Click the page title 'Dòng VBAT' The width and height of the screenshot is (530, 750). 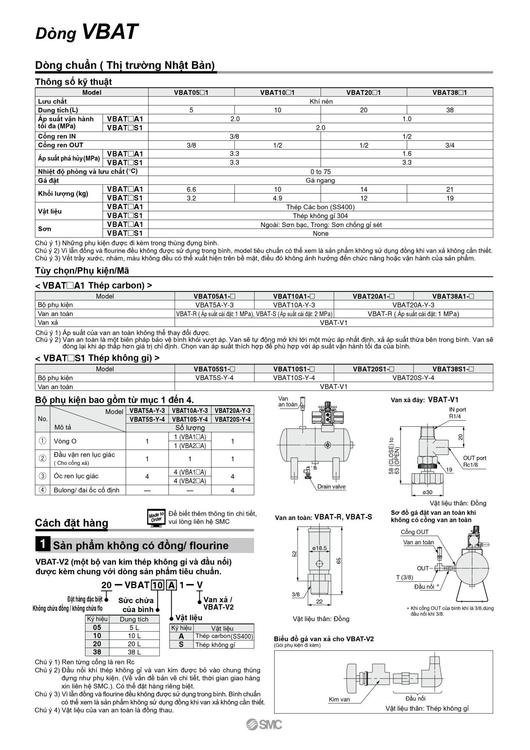click(87, 32)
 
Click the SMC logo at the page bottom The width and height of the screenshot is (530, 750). click(264, 724)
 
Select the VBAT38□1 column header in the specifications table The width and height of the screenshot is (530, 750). click(450, 93)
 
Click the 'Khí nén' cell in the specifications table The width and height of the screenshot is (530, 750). click(321, 102)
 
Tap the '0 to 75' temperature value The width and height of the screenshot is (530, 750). click(321, 172)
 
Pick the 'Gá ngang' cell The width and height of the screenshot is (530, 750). click(321, 180)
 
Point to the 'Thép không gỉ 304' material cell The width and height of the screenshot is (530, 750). click(321, 216)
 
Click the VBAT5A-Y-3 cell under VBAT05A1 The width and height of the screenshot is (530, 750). click(215, 305)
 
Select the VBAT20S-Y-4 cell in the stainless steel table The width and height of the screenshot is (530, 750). click(413, 378)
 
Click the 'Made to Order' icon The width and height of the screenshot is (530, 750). click(156, 518)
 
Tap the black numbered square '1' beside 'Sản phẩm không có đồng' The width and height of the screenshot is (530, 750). click(42, 544)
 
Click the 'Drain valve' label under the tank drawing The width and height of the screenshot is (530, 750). click(331, 487)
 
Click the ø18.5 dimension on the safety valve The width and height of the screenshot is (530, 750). click(319, 548)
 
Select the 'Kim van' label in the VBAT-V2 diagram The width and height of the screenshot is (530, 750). click(339, 700)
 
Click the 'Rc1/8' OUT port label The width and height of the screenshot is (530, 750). click(470, 465)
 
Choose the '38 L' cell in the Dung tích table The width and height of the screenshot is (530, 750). click(134, 652)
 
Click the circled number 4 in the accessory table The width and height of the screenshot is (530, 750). click(43, 490)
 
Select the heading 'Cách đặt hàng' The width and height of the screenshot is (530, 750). click(71, 523)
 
